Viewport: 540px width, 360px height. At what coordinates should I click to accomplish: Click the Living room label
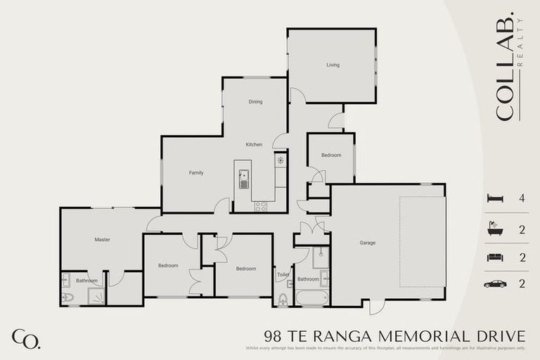[x=333, y=65]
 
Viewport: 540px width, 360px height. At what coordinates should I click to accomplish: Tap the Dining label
[x=255, y=102]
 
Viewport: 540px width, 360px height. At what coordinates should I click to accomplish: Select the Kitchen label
[x=254, y=145]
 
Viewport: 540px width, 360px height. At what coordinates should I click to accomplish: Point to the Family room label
[x=195, y=172]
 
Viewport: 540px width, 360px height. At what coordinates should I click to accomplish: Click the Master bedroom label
[x=102, y=240]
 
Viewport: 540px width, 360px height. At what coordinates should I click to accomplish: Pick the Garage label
[x=367, y=243]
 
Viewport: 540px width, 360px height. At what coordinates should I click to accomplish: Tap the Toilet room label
[x=283, y=275]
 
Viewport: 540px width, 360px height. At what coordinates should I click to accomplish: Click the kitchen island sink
[x=243, y=184]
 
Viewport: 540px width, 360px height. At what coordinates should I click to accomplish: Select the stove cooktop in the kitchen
[x=260, y=206]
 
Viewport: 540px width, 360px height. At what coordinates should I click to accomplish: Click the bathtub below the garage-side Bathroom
[x=311, y=298]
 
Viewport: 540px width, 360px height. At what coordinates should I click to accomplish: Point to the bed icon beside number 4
[x=495, y=199]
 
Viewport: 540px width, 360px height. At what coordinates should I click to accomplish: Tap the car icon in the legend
[x=495, y=284]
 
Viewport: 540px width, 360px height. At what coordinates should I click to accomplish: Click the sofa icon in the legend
[x=495, y=257]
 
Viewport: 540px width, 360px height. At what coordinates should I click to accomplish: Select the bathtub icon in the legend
[x=495, y=229]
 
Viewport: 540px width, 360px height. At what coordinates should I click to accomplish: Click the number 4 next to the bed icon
[x=522, y=199]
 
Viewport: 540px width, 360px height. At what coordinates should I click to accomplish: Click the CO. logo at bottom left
[x=25, y=339]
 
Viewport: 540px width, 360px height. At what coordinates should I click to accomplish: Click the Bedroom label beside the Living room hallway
[x=331, y=155]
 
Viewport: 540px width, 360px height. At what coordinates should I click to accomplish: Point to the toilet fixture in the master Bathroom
[x=67, y=297]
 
